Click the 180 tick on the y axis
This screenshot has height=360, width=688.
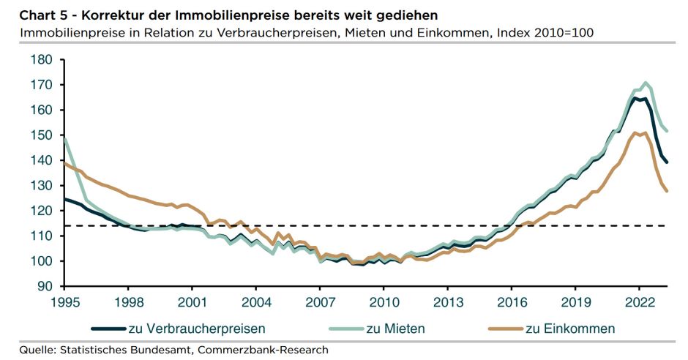point(41,59)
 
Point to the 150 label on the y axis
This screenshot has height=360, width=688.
point(41,135)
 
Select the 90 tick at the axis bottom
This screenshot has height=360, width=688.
point(45,287)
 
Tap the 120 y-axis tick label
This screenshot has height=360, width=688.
point(41,211)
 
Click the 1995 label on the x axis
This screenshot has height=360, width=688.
point(64,301)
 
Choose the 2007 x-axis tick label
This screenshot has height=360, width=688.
point(320,301)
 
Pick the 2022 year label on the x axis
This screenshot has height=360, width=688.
point(640,301)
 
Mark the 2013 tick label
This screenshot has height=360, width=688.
point(448,301)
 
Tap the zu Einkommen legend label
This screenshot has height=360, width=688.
point(569,329)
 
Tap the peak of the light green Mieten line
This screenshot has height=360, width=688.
point(645,83)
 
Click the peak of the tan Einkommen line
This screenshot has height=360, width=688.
point(643,132)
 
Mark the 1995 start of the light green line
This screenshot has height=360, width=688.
point(64,138)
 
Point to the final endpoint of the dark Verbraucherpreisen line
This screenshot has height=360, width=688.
point(667,162)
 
